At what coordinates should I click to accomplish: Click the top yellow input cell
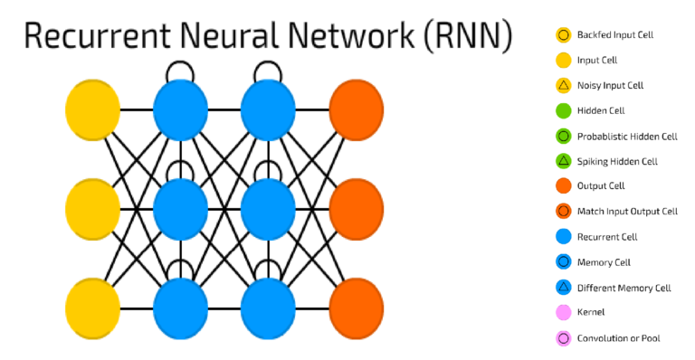(x=92, y=110)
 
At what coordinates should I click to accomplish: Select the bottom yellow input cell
(x=92, y=308)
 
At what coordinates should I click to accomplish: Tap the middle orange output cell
(x=357, y=209)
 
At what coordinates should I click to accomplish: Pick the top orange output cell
(x=357, y=110)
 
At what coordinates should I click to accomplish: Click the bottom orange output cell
(x=357, y=308)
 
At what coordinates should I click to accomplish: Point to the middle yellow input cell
(x=92, y=209)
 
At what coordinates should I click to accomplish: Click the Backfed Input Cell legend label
(x=614, y=35)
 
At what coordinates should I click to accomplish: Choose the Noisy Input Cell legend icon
(x=562, y=86)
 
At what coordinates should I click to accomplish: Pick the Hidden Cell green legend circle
(x=562, y=111)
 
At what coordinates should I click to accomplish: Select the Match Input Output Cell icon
(x=562, y=212)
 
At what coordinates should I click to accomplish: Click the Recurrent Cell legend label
(x=606, y=237)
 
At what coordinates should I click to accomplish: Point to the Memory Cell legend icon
(x=562, y=262)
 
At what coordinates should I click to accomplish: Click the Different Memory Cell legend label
(x=624, y=288)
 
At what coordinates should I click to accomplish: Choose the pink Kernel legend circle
(x=562, y=313)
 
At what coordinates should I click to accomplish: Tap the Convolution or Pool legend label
(x=618, y=338)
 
